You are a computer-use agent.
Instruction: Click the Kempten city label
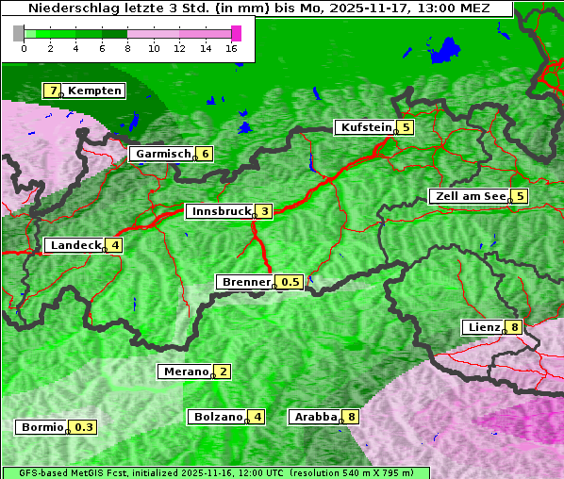pyautogui.click(x=94, y=91)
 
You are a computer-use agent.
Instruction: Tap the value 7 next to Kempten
pyautogui.click(x=53, y=91)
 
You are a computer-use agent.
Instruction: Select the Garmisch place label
pyautogui.click(x=162, y=154)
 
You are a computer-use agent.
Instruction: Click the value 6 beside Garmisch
pyautogui.click(x=204, y=154)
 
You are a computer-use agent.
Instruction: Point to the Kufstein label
pyautogui.click(x=365, y=127)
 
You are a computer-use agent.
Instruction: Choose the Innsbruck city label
pyautogui.click(x=221, y=211)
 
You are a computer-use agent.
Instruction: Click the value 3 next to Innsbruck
pyautogui.click(x=265, y=211)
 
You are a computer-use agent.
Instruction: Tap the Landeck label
pyautogui.click(x=75, y=245)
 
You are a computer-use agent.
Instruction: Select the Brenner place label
pyautogui.click(x=245, y=282)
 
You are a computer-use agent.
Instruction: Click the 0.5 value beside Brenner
pyautogui.click(x=290, y=282)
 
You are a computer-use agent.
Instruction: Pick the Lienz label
pyautogui.click(x=482, y=327)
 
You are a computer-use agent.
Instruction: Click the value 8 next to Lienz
pyautogui.click(x=513, y=327)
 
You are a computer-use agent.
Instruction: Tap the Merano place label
pyautogui.click(x=185, y=372)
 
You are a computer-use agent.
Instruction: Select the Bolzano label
pyautogui.click(x=217, y=416)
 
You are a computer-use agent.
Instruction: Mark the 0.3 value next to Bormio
pyautogui.click(x=85, y=427)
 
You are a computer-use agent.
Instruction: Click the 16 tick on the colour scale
pyautogui.click(x=233, y=49)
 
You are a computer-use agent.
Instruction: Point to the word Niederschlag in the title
pyautogui.click(x=69, y=8)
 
